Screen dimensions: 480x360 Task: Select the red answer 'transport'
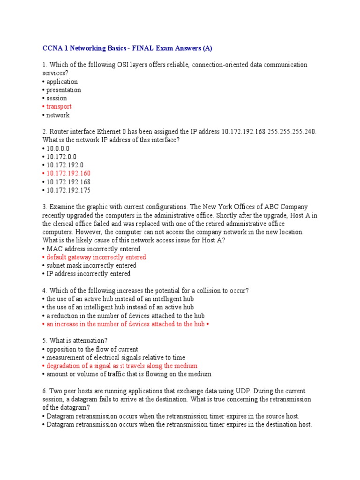pos(59,107)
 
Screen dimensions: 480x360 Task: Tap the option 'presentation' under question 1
pos(63,90)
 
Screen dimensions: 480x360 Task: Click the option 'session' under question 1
pos(56,98)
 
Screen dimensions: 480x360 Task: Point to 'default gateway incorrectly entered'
pos(96,257)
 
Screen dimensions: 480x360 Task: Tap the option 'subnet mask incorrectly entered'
pos(91,265)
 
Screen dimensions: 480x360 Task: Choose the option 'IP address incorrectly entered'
pos(88,274)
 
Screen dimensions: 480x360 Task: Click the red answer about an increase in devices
pos(125,324)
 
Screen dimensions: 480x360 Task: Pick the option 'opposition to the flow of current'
pos(92,349)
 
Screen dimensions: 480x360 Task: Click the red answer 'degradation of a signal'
pos(121,366)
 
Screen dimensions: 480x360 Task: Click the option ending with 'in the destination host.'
pos(179,425)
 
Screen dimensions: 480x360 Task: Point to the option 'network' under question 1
pos(58,115)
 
